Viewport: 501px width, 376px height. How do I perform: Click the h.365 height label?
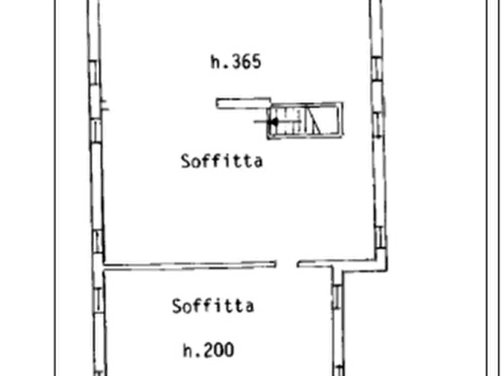236,61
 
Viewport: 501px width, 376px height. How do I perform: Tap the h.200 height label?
208,350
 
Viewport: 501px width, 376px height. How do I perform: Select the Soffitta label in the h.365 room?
222,161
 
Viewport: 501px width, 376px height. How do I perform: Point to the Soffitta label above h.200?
213,306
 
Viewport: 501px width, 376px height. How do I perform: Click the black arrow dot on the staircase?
274,122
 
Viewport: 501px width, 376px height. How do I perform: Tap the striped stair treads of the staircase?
287,121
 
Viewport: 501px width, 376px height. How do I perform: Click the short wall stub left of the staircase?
243,103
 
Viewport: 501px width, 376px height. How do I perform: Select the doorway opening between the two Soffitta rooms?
287,264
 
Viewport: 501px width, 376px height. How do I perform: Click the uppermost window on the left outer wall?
94,72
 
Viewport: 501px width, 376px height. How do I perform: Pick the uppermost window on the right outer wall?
377,68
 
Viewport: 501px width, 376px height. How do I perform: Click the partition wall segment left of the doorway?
190,265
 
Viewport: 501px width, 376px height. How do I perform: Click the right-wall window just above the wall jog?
380,237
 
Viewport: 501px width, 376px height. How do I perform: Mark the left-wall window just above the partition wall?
98,241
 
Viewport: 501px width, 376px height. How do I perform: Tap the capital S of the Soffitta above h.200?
177,306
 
